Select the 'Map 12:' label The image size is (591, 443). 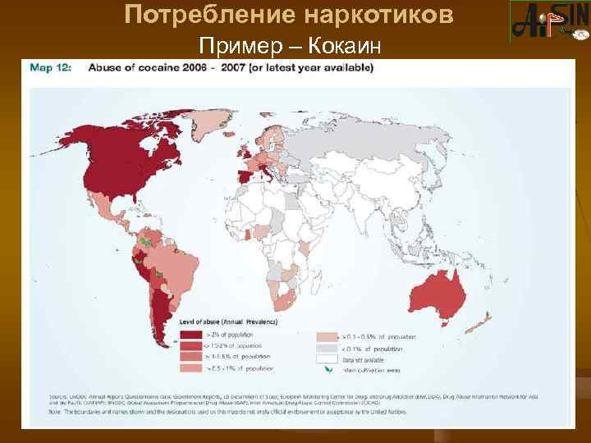pyautogui.click(x=51, y=69)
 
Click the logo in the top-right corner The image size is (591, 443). pyautogui.click(x=548, y=22)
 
